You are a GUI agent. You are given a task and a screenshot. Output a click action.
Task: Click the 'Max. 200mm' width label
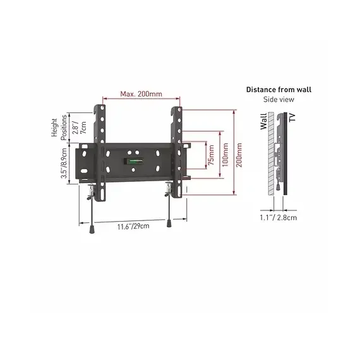tap(141, 95)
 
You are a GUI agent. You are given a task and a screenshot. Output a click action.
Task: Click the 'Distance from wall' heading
tap(279, 90)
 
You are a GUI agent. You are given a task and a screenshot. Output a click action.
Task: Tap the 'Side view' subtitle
tap(279, 100)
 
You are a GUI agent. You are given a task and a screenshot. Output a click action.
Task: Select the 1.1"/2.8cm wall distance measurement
tap(279, 217)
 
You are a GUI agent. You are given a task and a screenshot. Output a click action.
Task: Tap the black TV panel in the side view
tap(285, 158)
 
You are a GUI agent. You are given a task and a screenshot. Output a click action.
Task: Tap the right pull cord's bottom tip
tap(170, 223)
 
